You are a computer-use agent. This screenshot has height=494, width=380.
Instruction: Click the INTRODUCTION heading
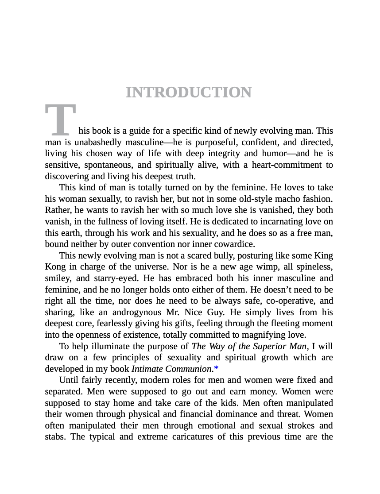click(x=189, y=93)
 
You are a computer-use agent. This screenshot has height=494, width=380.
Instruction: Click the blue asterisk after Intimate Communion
click(x=216, y=368)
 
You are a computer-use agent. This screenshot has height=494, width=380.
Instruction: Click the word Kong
click(x=55, y=267)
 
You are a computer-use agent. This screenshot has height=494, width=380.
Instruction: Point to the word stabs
click(x=55, y=437)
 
